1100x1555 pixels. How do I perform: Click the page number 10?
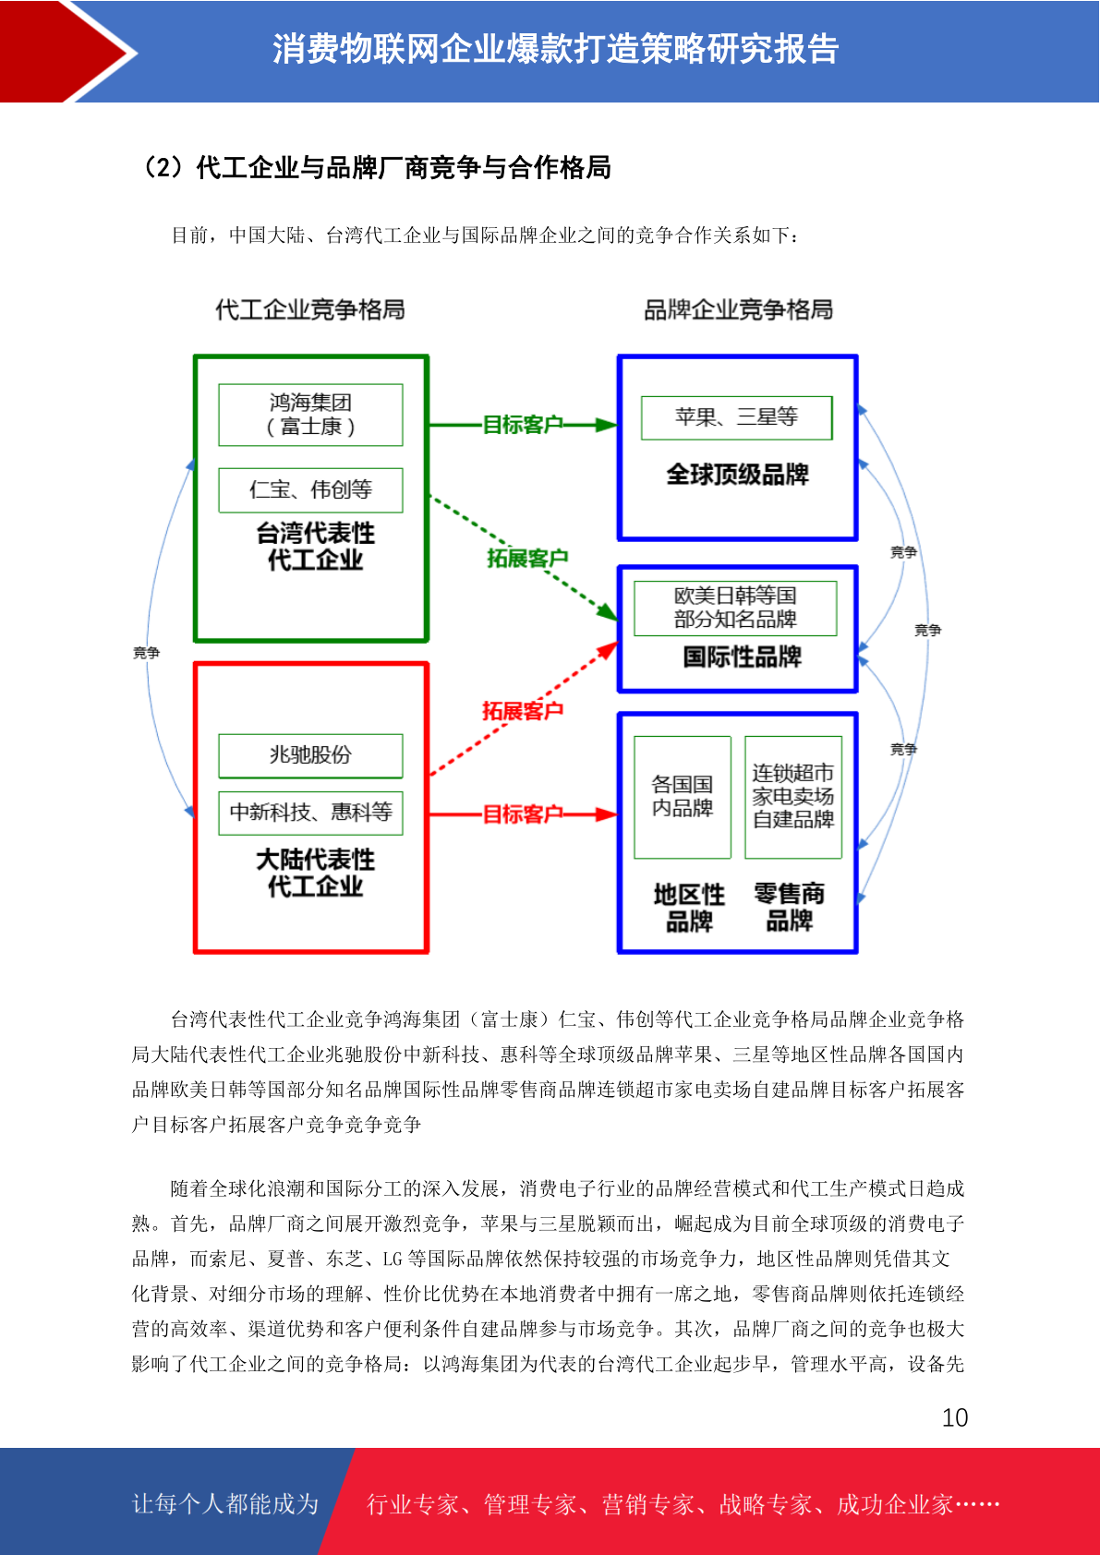[x=955, y=1416]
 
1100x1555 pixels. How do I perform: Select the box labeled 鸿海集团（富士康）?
[x=310, y=415]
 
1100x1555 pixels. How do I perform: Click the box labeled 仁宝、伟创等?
[x=310, y=490]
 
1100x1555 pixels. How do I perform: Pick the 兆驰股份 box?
[x=310, y=755]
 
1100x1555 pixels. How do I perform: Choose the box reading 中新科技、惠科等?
[x=310, y=813]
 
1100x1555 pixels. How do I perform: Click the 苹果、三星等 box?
[x=737, y=417]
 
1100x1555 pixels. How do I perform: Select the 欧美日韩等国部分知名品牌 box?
[x=735, y=609]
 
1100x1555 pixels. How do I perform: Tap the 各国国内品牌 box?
[x=683, y=797]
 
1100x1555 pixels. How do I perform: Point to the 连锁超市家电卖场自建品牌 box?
[x=793, y=797]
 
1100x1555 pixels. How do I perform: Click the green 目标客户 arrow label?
[x=522, y=424]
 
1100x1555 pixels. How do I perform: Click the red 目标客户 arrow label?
[x=522, y=814]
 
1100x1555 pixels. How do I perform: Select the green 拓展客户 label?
[x=527, y=558]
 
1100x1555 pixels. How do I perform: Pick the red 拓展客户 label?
[x=523, y=710]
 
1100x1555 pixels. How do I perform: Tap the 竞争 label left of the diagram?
[x=147, y=653]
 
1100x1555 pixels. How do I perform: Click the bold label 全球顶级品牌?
[x=738, y=475]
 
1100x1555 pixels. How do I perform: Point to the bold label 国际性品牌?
[x=743, y=657]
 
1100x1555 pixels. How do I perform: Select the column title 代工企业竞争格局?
[x=309, y=309]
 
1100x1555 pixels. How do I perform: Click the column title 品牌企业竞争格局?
[x=738, y=309]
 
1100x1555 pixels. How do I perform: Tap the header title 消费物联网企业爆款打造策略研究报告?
[x=556, y=49]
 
